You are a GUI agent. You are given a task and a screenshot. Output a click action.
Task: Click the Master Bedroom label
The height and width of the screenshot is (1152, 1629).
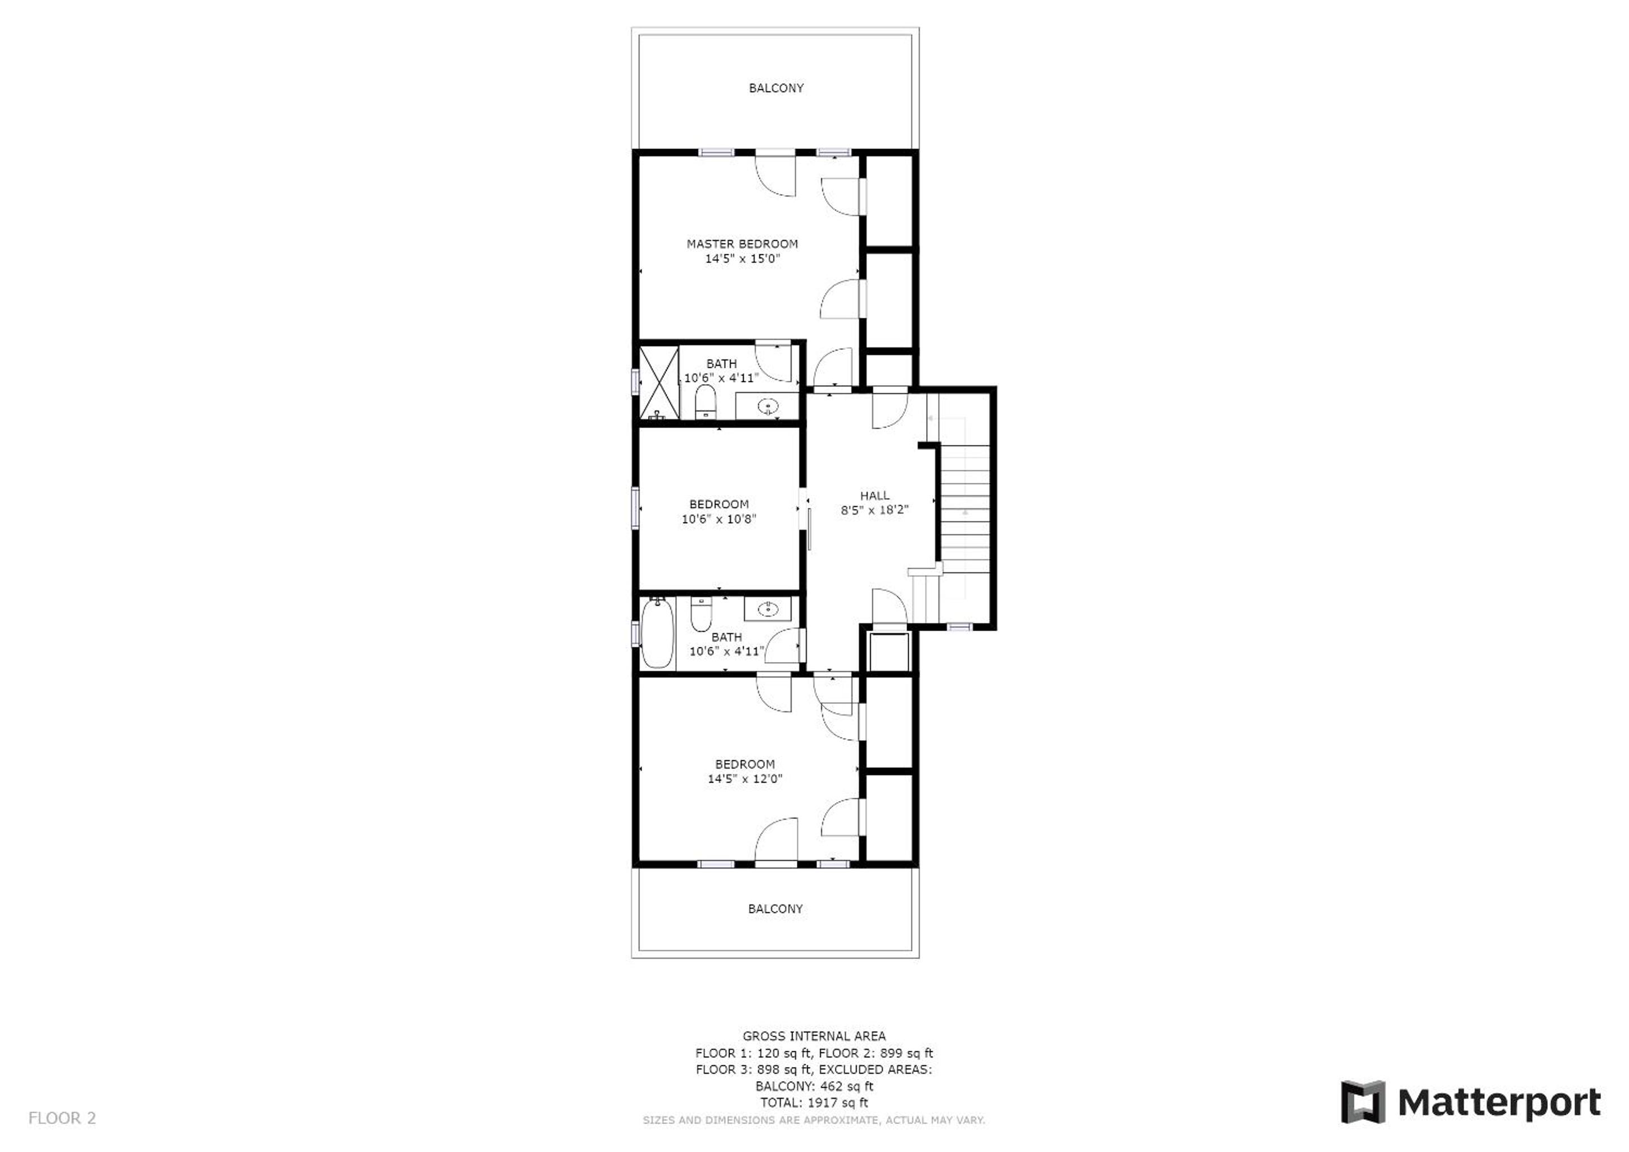pyautogui.click(x=742, y=244)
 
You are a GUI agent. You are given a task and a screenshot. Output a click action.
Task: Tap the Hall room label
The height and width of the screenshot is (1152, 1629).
pyautogui.click(x=875, y=496)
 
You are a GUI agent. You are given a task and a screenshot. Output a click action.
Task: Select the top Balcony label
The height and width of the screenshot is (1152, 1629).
pyautogui.click(x=776, y=88)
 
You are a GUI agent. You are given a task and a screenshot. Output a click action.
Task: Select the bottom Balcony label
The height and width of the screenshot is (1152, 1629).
pyautogui.click(x=775, y=908)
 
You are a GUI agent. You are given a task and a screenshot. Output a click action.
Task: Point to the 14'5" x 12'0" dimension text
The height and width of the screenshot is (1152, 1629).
pyautogui.click(x=745, y=778)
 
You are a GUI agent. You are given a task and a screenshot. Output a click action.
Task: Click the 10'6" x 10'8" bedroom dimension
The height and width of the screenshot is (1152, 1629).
pyautogui.click(x=719, y=519)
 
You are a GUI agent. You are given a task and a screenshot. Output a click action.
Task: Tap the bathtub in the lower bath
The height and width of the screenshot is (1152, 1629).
pyautogui.click(x=658, y=633)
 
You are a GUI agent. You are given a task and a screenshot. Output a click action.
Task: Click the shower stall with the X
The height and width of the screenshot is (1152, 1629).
pyautogui.click(x=659, y=382)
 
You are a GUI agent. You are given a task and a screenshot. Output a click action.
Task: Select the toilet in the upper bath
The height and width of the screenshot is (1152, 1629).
pyautogui.click(x=705, y=402)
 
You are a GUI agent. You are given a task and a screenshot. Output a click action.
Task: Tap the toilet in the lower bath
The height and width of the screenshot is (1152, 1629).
pyautogui.click(x=701, y=614)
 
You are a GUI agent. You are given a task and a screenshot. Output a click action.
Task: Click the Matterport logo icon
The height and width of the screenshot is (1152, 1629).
pyautogui.click(x=1363, y=1102)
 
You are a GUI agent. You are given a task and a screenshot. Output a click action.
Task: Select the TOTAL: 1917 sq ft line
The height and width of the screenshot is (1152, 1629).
pyautogui.click(x=814, y=1103)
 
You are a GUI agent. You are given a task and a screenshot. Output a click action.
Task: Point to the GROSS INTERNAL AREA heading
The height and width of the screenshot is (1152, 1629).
pyautogui.click(x=814, y=1036)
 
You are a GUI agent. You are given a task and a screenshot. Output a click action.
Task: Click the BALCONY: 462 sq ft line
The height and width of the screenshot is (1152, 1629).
pyautogui.click(x=814, y=1086)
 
